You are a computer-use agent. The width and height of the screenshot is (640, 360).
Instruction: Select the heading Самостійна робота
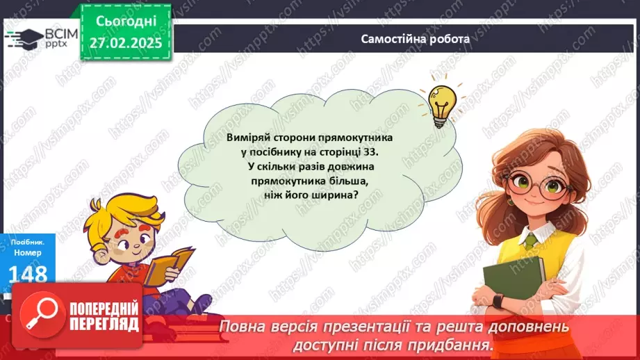coord(416,39)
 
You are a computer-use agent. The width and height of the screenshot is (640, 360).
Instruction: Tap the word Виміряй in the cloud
coord(247,138)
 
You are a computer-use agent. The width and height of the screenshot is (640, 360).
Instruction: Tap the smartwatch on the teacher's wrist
coord(498,301)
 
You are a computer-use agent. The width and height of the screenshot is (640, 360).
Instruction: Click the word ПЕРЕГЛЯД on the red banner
coord(105,323)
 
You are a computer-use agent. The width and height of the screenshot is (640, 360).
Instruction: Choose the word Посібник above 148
coord(26,242)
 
